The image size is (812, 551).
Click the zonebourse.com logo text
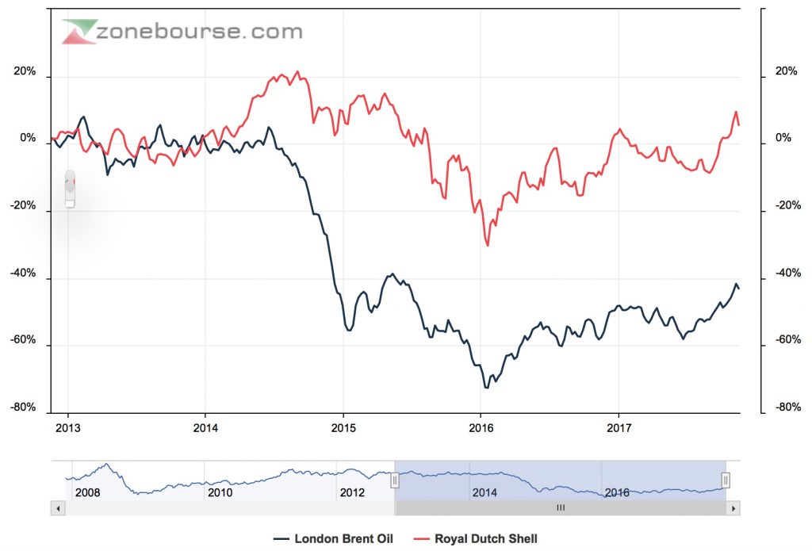pyautogui.click(x=198, y=33)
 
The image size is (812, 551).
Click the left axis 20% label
pyautogui.click(x=25, y=71)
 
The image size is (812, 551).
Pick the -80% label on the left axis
pyautogui.click(x=22, y=408)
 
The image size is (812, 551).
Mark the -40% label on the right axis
pyautogui.click(x=787, y=274)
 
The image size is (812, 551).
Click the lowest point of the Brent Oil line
pyautogui.click(x=486, y=387)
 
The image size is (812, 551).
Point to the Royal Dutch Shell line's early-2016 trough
pyautogui.click(x=487, y=245)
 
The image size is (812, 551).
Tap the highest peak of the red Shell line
pyautogui.click(x=297, y=72)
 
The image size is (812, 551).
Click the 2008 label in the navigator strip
pyautogui.click(x=87, y=492)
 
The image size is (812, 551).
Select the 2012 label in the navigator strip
pyautogui.click(x=352, y=492)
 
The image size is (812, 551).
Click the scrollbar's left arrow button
pyautogui.click(x=56, y=507)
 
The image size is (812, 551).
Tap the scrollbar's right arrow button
pyautogui.click(x=733, y=507)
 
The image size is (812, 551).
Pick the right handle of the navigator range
pyautogui.click(x=725, y=480)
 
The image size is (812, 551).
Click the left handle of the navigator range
pyautogui.click(x=394, y=480)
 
